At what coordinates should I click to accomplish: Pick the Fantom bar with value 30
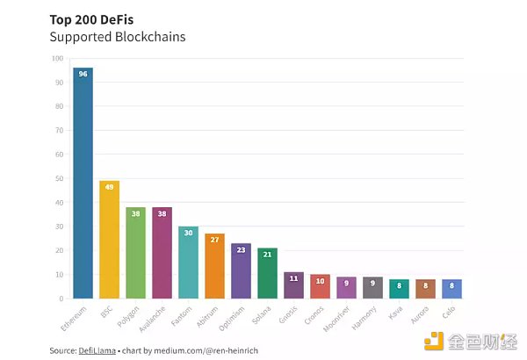[x=188, y=263]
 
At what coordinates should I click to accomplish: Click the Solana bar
[x=267, y=273]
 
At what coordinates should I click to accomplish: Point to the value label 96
[x=83, y=75]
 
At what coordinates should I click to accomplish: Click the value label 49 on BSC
[x=110, y=187]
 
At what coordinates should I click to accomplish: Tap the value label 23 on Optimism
[x=241, y=249]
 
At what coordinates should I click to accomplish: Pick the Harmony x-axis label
[x=370, y=313]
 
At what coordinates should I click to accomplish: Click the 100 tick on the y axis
[x=57, y=59]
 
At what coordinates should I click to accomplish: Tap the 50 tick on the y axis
[x=59, y=179]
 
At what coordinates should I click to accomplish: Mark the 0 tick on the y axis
[x=61, y=299]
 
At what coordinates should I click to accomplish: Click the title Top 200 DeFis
[x=92, y=18]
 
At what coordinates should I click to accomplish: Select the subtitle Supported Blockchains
[x=117, y=37]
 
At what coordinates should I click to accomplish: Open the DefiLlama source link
[x=97, y=350]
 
